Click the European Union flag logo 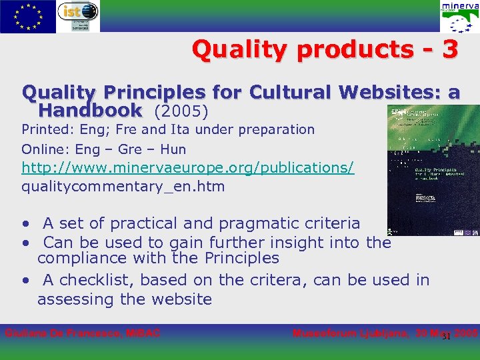[x=27, y=16]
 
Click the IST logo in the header [x=78, y=16]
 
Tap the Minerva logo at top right [x=459, y=17]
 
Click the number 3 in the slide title [x=449, y=49]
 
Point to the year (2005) [x=181, y=110]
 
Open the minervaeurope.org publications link [x=187, y=167]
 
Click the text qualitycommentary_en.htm [x=123, y=187]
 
